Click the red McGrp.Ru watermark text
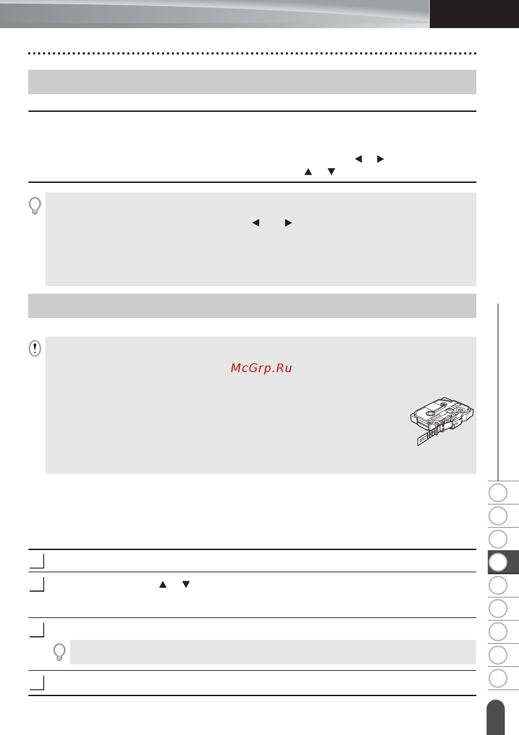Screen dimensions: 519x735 click(x=261, y=368)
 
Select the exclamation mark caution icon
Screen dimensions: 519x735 click(x=35, y=348)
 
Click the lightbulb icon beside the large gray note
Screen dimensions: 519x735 click(x=35, y=205)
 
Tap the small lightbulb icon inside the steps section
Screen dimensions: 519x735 click(x=60, y=652)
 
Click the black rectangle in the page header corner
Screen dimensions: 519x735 click(x=474, y=14)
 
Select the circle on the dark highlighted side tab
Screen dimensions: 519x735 click(x=498, y=562)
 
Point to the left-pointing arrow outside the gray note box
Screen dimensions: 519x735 click(x=358, y=159)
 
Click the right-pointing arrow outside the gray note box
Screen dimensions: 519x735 click(x=380, y=159)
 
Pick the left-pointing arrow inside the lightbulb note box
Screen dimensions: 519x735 click(x=256, y=223)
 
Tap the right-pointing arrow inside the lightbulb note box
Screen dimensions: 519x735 click(x=288, y=223)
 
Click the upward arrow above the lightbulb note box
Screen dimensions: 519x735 click(x=308, y=172)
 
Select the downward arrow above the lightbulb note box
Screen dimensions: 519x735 click(x=331, y=172)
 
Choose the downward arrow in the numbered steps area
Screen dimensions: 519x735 click(x=186, y=585)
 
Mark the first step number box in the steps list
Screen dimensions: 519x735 click(x=37, y=561)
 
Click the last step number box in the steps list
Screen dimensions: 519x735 click(x=37, y=683)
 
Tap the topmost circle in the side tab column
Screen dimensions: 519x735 click(x=498, y=493)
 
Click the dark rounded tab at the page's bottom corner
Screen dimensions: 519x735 click(x=496, y=717)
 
